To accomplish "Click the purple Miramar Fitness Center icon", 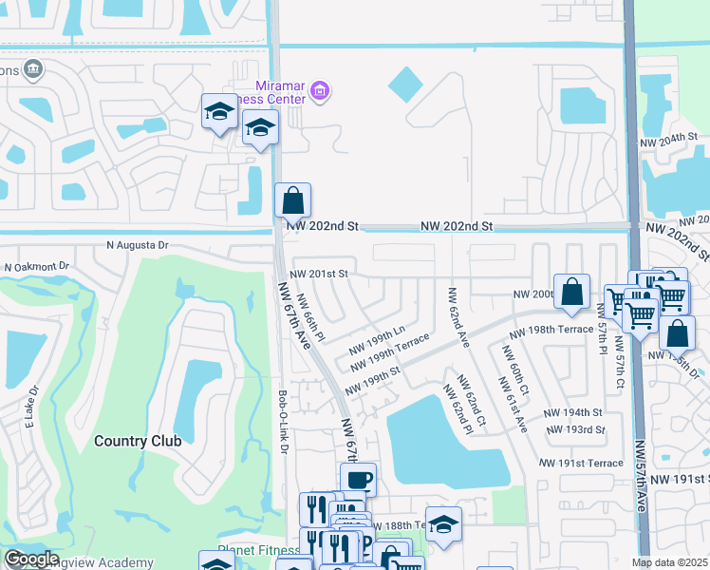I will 320,91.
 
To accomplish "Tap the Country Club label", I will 134,441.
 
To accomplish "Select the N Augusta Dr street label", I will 138,245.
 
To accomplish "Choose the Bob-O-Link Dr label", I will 282,422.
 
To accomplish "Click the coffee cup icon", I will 358,480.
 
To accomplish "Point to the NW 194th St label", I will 573,412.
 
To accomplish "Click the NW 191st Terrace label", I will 580,462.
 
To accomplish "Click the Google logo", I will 31,559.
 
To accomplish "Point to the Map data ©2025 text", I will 669,562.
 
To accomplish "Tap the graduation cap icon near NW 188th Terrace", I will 443,523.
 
